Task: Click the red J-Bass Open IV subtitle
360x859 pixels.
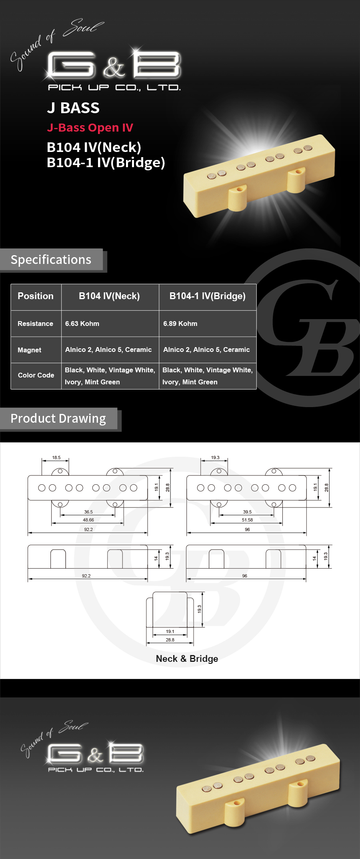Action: (x=90, y=128)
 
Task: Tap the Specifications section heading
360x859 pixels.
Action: (x=51, y=260)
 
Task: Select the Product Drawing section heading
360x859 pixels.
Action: (x=58, y=418)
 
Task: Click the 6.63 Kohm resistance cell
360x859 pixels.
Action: (x=82, y=324)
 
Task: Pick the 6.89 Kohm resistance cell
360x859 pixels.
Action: (x=180, y=324)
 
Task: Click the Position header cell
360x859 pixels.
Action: (x=36, y=296)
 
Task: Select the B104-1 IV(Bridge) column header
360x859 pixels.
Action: (x=207, y=296)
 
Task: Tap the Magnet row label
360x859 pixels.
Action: (x=29, y=350)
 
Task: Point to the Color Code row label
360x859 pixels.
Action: (x=36, y=375)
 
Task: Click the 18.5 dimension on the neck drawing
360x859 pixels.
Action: (x=56, y=457)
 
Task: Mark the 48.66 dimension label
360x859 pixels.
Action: (x=88, y=520)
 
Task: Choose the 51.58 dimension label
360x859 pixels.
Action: (x=247, y=520)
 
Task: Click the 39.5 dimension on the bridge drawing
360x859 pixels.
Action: (x=247, y=512)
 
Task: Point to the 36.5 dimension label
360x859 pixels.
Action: (x=88, y=512)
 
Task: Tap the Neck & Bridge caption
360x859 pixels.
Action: (x=187, y=659)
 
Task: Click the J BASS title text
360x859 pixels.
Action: (x=73, y=108)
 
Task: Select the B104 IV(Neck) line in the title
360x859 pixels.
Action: (x=94, y=147)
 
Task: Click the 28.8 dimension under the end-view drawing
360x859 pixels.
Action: (x=170, y=640)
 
